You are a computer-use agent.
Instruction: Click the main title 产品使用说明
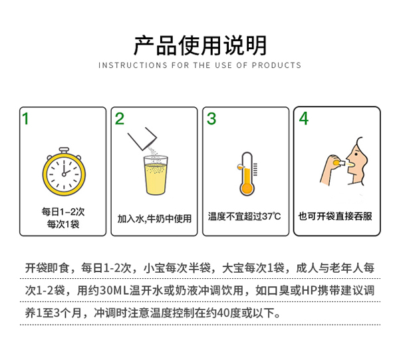pos(199,45)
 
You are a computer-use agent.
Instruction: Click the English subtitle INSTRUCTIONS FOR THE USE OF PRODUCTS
pos(199,65)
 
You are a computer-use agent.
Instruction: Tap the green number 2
pos(120,120)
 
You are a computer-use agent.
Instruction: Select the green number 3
pos(211,120)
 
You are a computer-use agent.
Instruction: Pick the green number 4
pos(303,120)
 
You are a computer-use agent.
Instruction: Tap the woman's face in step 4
pos(360,160)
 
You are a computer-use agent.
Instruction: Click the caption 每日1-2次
pos(63,212)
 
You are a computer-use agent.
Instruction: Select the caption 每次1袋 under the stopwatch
pos(63,224)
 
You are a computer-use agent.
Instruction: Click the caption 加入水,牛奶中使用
pos(154,218)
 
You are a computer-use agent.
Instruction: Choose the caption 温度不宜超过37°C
pos(245,216)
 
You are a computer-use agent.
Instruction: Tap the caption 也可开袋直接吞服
pos(336,216)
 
